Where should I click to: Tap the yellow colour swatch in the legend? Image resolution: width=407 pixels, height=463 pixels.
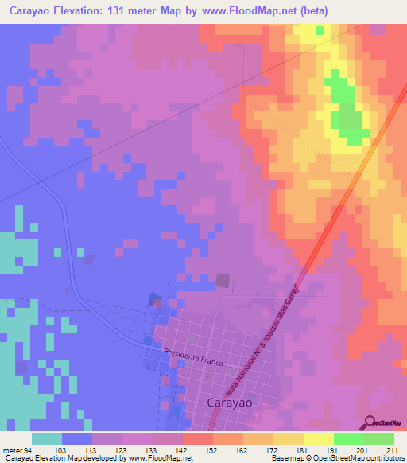click(318, 438)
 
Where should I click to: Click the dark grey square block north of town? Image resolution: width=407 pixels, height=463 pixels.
click(223, 280)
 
